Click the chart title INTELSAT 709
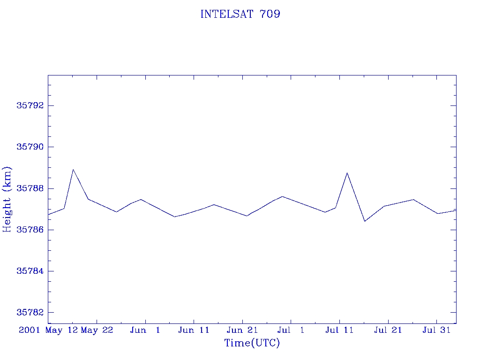click(240, 14)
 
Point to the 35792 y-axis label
click(30, 105)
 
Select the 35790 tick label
click(30, 147)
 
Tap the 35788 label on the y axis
click(30, 188)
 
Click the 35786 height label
click(30, 230)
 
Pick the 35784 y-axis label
click(30, 271)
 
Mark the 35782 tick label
click(30, 312)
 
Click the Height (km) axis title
click(7, 200)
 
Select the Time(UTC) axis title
click(252, 343)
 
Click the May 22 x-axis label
click(97, 330)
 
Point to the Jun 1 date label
click(145, 330)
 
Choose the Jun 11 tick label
click(194, 330)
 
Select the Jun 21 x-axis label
click(242, 330)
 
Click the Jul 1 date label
click(291, 330)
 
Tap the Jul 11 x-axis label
click(339, 330)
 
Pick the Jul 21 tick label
click(388, 330)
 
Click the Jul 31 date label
click(436, 330)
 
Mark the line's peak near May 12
click(73, 169)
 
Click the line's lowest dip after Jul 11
click(365, 221)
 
